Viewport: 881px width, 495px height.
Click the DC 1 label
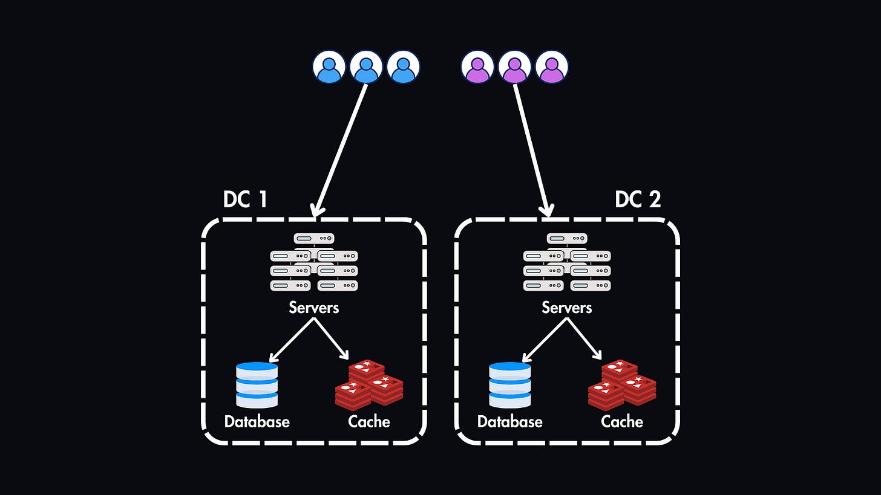tap(245, 199)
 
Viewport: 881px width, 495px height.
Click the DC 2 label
tap(638, 199)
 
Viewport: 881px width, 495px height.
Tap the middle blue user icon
tap(366, 66)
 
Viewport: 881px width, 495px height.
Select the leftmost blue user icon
tap(329, 66)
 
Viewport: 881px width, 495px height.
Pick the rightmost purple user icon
tap(551, 66)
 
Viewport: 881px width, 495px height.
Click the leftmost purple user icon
tap(477, 66)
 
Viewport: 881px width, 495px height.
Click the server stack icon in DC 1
tap(314, 263)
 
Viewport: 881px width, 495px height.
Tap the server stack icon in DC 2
tap(567, 263)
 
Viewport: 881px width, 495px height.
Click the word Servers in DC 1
tap(313, 307)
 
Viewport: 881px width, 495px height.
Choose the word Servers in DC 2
tap(566, 307)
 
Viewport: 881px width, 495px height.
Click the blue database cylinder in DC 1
tap(257, 384)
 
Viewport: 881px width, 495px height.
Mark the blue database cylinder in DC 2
tap(510, 384)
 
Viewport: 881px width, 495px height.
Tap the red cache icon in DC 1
tap(369, 384)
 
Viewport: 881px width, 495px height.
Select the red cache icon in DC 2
tap(622, 384)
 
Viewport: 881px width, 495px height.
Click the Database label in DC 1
tap(257, 421)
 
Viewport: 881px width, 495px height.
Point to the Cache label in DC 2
tap(622, 421)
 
